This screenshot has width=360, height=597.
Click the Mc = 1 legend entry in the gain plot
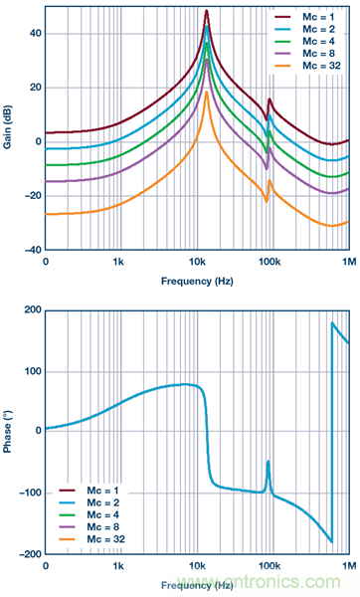(x=307, y=17)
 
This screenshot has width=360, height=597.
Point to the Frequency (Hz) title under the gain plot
(x=198, y=282)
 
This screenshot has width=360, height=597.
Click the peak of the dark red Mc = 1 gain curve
(x=207, y=11)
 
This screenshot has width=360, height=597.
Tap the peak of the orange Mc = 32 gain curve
(x=207, y=93)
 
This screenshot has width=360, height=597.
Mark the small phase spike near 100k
(x=269, y=462)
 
